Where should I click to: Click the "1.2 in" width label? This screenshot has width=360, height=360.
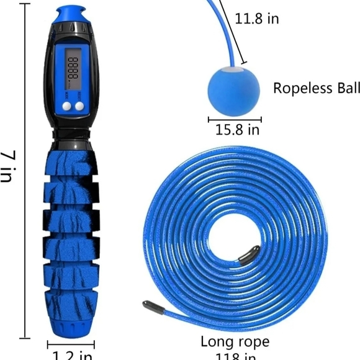[70, 354]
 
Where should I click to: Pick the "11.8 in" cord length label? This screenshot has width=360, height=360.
[256, 19]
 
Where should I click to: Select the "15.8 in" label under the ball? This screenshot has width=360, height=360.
[237, 130]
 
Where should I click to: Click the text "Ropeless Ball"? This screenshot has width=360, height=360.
[315, 88]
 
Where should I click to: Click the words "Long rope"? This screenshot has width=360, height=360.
[235, 341]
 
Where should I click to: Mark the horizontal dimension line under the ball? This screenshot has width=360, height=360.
[234, 119]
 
